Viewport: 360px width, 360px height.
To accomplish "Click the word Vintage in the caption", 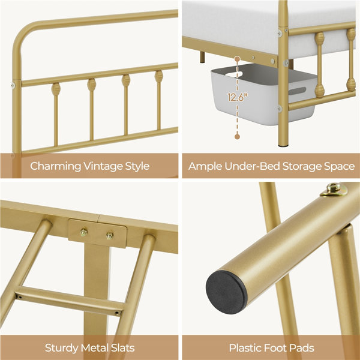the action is pyautogui.click(x=103, y=166).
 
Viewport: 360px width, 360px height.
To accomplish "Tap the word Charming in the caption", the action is pyautogui.click(x=55, y=166).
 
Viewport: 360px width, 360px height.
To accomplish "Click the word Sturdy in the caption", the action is pyautogui.click(x=61, y=348).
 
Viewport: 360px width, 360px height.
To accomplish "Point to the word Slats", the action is pyautogui.click(x=123, y=348).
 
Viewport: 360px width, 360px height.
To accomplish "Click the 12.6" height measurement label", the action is pyautogui.click(x=238, y=97).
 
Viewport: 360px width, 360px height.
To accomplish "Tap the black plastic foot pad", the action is pyautogui.click(x=226, y=292).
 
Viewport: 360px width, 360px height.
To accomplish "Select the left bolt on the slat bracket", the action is pyautogui.click(x=84, y=232).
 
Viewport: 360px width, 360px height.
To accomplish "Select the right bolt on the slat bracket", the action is pyautogui.click(x=110, y=235).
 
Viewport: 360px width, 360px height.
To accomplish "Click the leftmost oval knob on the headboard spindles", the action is pyautogui.click(x=56, y=89).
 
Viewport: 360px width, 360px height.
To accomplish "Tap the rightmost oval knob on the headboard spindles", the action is pyautogui.click(x=158, y=77).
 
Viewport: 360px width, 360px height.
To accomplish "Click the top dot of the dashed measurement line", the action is pyautogui.click(x=238, y=59).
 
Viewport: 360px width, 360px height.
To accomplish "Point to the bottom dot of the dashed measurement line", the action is pyautogui.click(x=238, y=137).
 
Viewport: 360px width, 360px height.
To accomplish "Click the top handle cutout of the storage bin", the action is pyautogui.click(x=234, y=74).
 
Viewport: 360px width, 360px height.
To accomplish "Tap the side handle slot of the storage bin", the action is pyautogui.click(x=298, y=91).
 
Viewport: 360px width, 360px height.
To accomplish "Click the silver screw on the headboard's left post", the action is pyautogui.click(x=13, y=86).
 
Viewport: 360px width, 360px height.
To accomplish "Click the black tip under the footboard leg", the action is pyautogui.click(x=283, y=145).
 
